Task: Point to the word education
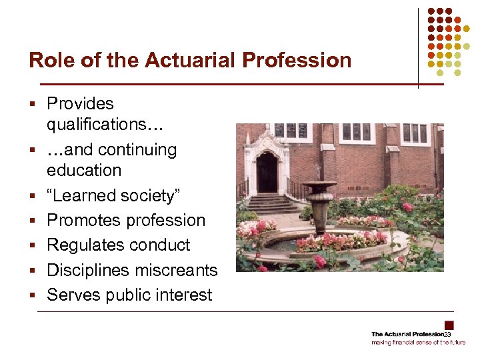pyautogui.click(x=84, y=170)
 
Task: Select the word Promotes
pyautogui.click(x=83, y=220)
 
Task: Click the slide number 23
pyautogui.click(x=448, y=334)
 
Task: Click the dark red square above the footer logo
pyautogui.click(x=449, y=325)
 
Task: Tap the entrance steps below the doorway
pyautogui.click(x=271, y=201)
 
